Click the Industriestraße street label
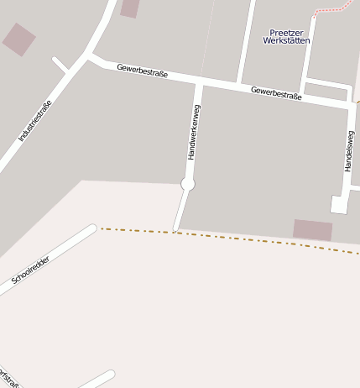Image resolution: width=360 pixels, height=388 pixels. (x=34, y=120)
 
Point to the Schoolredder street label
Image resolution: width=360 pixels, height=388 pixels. (x=30, y=270)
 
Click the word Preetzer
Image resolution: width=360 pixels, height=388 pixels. (x=286, y=32)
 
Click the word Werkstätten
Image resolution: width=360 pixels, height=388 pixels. (x=286, y=40)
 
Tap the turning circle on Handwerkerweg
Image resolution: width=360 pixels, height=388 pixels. (x=188, y=184)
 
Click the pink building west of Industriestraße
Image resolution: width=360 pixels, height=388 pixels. (x=18, y=39)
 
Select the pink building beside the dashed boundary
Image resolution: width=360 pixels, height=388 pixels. (x=312, y=229)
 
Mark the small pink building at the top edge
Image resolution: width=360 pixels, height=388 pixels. (x=129, y=8)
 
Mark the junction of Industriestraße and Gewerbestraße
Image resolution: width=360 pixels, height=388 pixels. (x=88, y=57)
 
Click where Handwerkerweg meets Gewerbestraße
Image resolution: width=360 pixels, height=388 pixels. (x=200, y=83)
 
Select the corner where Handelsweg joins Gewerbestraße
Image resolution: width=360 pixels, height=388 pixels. (x=351, y=105)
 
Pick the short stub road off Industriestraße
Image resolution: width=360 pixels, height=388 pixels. (x=60, y=65)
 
